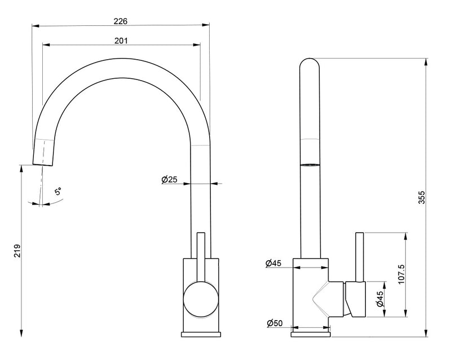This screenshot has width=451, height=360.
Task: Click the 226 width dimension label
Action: pos(121,21)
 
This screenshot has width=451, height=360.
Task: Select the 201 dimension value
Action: pos(121,41)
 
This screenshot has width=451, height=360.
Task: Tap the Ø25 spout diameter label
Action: pos(170,180)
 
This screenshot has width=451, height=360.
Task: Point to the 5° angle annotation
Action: pos(58,191)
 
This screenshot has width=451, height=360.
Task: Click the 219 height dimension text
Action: pos(18,251)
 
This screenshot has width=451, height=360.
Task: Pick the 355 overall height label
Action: pos(421,197)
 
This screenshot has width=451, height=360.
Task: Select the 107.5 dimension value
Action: pos(401,274)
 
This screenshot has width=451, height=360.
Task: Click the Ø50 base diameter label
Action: pos(275,323)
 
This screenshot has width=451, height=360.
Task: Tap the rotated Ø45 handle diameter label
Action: pos(380,299)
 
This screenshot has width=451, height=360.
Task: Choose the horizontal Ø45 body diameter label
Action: pos(273,263)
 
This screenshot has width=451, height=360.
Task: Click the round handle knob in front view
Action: pos(201,299)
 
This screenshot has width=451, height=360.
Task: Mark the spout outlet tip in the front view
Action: pos(43,165)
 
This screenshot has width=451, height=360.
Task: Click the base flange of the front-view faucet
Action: pos(201,335)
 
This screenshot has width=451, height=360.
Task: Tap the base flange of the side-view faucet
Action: pos(311,335)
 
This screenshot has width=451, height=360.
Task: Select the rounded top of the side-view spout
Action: pos(309,63)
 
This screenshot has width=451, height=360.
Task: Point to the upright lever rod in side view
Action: pos(360,257)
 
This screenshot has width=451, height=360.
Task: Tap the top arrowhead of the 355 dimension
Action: pos(426,62)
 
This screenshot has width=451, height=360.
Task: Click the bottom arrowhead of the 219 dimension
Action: pos(21,334)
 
